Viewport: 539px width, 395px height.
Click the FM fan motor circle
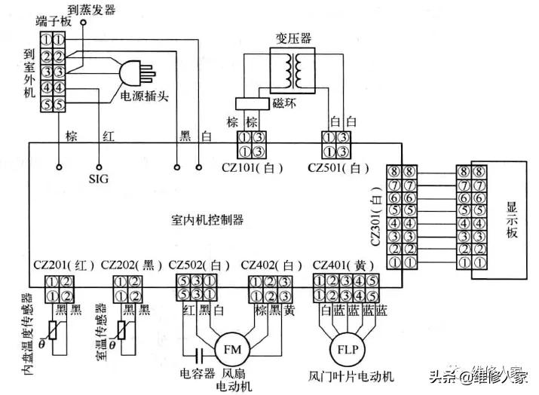pos(231,351)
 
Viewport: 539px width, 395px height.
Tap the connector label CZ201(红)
pos(63,265)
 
